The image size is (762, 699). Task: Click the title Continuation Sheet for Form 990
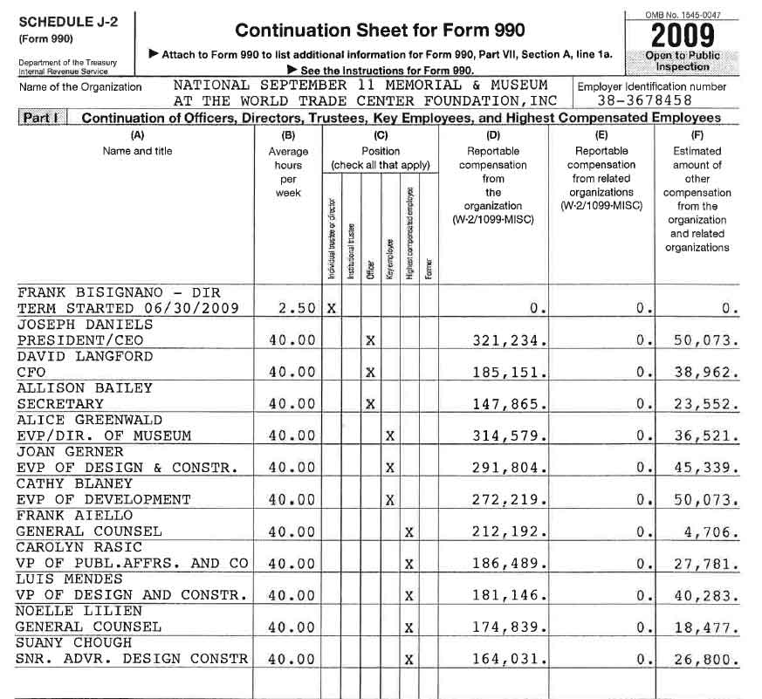click(x=380, y=31)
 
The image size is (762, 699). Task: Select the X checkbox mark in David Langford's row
click(x=370, y=373)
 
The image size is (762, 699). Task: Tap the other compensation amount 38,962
click(x=706, y=373)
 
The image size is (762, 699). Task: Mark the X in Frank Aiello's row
click(x=408, y=532)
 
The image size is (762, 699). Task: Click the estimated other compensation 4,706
click(x=713, y=532)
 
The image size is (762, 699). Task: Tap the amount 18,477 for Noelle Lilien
click(x=706, y=627)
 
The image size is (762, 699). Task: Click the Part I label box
click(x=42, y=118)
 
